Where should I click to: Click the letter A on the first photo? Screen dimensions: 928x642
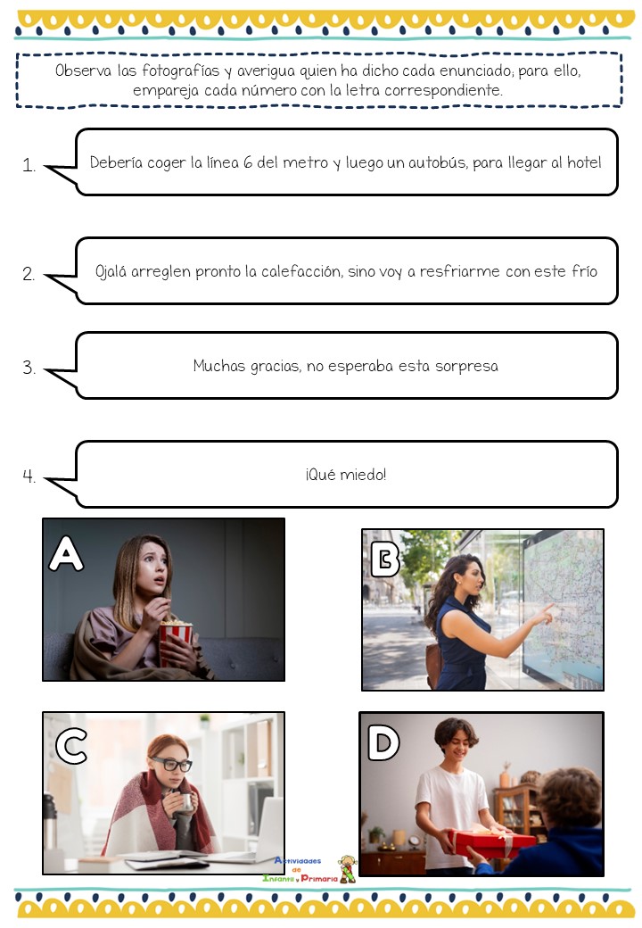(67, 553)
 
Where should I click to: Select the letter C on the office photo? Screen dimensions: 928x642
(71, 746)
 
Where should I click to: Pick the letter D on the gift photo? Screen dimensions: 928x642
(383, 743)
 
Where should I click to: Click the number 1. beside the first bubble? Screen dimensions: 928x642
(29, 165)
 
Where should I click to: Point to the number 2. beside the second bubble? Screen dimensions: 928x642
(29, 275)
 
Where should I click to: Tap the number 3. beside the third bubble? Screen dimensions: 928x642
(29, 368)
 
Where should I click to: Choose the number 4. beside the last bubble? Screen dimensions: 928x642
(29, 476)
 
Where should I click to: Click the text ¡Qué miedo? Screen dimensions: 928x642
(346, 475)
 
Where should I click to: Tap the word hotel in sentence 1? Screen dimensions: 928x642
(582, 162)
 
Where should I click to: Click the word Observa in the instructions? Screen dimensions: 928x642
(84, 70)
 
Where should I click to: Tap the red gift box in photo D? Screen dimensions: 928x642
(494, 842)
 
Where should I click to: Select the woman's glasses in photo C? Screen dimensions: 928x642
(171, 765)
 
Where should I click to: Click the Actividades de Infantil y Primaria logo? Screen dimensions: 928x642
(308, 869)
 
